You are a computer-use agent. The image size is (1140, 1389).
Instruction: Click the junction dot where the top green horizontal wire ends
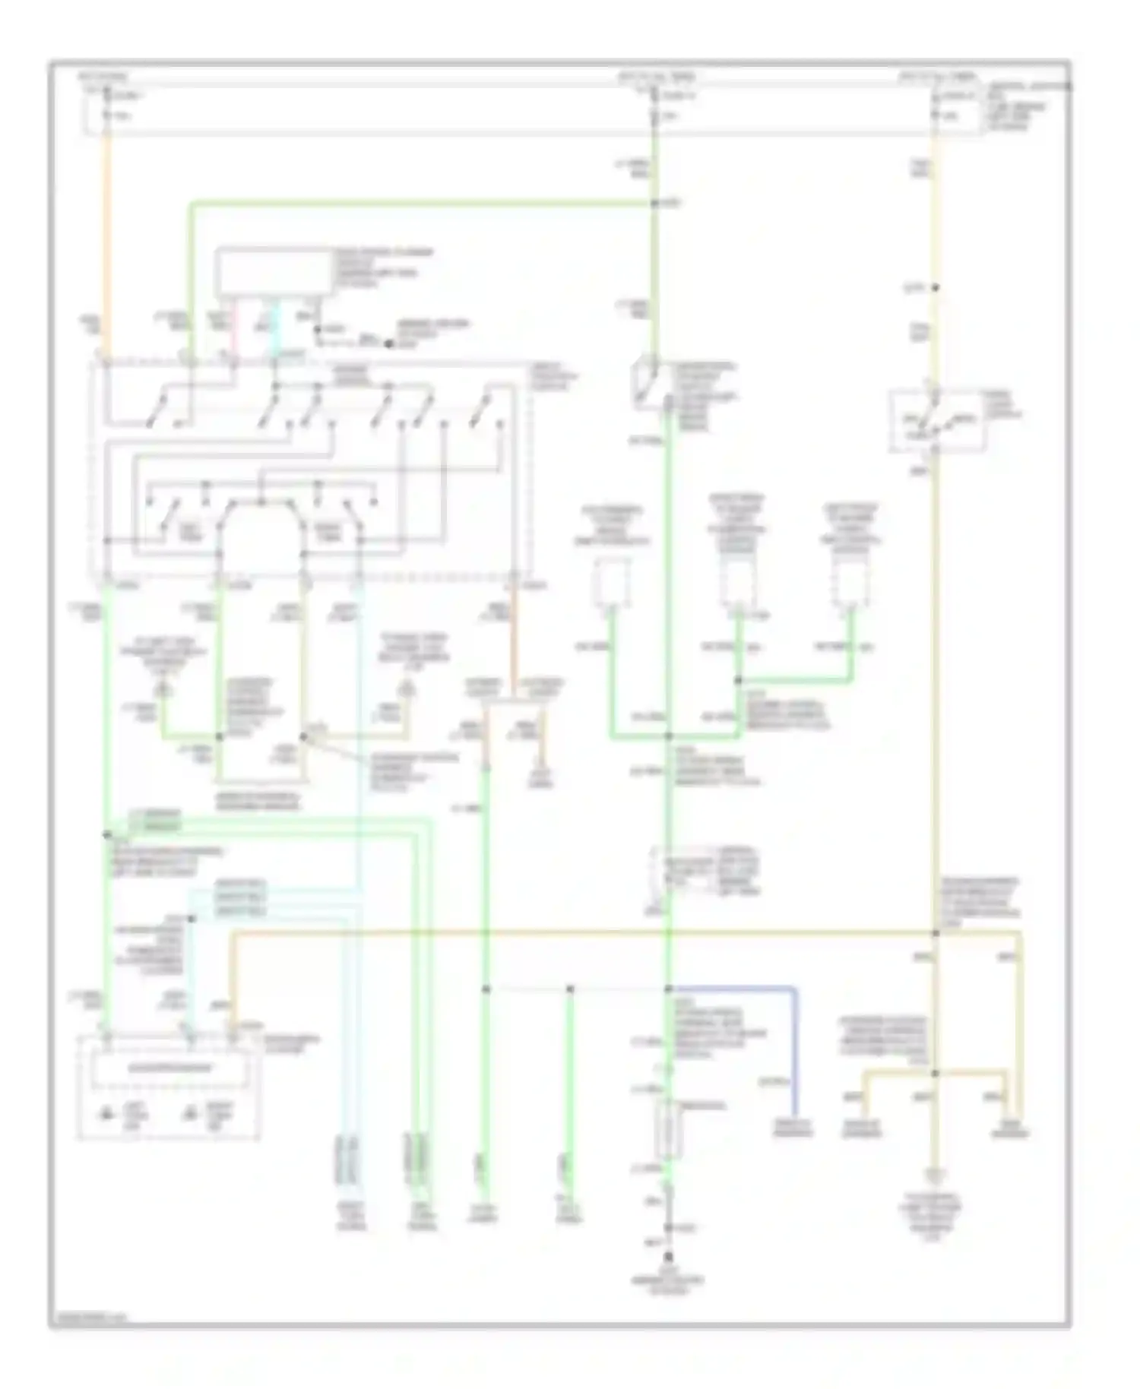pos(654,204)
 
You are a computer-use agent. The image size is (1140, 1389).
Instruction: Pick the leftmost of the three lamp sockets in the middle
pos(612,584)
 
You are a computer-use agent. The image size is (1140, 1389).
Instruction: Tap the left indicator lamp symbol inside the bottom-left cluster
pos(107,1115)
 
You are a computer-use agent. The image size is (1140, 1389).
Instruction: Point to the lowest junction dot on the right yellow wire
pos(936,1074)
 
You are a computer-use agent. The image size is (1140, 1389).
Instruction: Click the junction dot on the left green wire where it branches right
pos(107,834)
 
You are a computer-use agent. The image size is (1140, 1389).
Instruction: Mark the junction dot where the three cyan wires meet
pos(191,919)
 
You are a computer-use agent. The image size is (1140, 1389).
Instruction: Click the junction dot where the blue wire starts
pos(669,989)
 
